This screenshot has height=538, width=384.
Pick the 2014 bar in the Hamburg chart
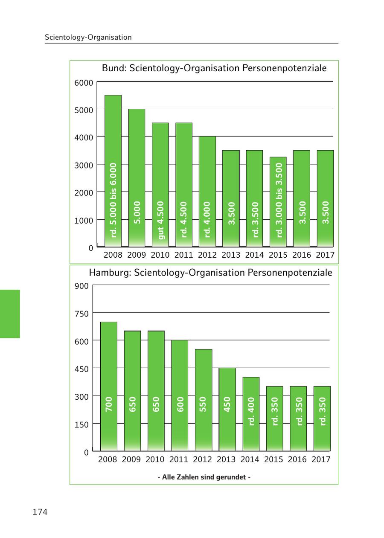pos(251,414)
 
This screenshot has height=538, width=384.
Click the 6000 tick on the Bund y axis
pos(84,83)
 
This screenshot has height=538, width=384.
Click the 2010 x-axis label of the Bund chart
pos(160,255)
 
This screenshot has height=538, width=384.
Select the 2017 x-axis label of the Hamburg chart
pos(321,459)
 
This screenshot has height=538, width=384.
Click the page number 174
pos(40,512)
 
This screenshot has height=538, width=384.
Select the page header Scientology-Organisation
pos(88,37)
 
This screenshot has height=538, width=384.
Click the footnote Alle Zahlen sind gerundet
pos(204,477)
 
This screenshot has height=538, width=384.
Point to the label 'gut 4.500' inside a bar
pos(160,220)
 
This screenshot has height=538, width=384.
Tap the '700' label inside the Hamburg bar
pos(109,404)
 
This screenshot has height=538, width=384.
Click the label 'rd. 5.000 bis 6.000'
pos(113,200)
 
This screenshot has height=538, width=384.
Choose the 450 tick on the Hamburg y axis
pos(83,369)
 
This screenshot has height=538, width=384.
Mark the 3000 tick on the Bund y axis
pos(84,165)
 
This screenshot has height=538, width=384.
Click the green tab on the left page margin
pos(10,314)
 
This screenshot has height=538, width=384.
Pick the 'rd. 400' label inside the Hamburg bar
pos(251,411)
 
